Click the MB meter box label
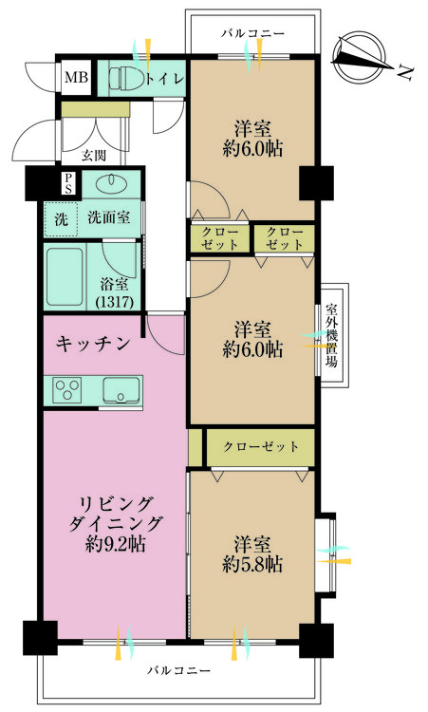(76, 77)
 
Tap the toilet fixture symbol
(126, 78)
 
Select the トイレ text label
(165, 79)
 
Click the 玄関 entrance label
(94, 156)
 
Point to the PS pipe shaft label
(68, 183)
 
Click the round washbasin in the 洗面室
(111, 180)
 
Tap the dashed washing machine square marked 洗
(62, 219)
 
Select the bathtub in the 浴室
(65, 276)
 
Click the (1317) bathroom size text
(115, 302)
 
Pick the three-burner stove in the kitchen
(67, 389)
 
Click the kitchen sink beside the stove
(121, 389)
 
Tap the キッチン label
(93, 345)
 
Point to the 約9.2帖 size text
(115, 544)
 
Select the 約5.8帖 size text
(252, 564)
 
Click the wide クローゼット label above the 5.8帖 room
(261, 447)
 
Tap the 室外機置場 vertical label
(332, 335)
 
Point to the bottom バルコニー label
(178, 670)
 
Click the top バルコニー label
(252, 33)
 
